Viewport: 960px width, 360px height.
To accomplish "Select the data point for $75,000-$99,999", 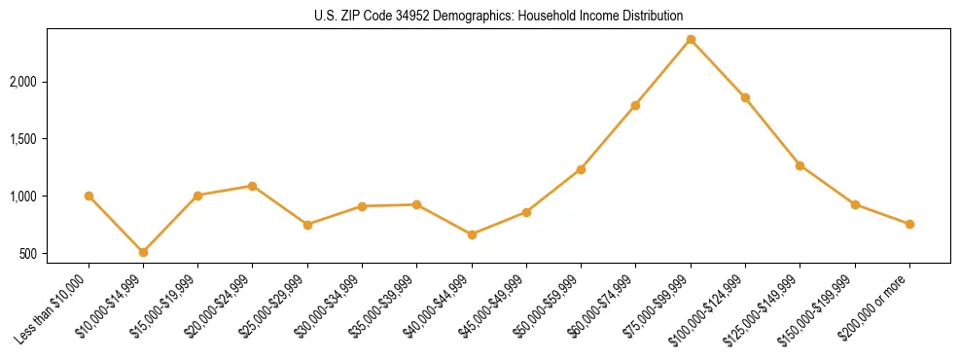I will (x=691, y=39).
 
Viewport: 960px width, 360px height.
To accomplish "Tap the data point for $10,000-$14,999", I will (x=143, y=252).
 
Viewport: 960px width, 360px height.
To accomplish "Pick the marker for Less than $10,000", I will (x=89, y=196).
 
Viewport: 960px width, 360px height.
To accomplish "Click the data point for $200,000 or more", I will (x=909, y=224).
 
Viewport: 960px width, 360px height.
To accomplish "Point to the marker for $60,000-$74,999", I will (x=635, y=105).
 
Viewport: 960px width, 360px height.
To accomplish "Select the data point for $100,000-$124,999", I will (x=745, y=97).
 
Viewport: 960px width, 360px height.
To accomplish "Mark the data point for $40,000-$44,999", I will (x=472, y=234).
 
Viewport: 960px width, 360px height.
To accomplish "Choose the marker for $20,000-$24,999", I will (x=253, y=186).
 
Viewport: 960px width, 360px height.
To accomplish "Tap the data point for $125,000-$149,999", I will (x=800, y=165).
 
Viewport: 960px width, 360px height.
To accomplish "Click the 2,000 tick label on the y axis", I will (x=48, y=82).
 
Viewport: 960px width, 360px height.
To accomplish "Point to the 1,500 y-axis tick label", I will (x=48, y=139).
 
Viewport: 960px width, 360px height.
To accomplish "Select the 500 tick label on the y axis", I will (x=54, y=254).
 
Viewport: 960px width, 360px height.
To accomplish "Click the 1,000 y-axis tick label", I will (x=48, y=197).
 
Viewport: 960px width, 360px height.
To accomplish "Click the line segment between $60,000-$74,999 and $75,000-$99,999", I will (x=663, y=72).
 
